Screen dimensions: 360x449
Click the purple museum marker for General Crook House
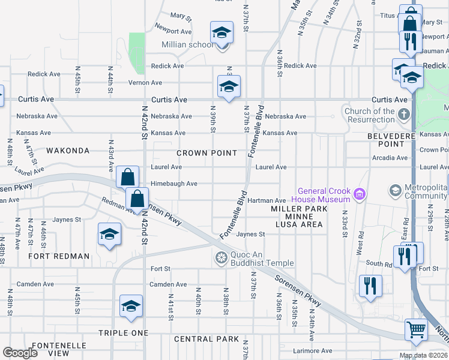coord(360,193)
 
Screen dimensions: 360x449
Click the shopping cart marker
coord(416,329)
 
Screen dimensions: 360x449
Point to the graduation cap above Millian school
coord(221,32)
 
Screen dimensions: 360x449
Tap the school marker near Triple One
coord(131,306)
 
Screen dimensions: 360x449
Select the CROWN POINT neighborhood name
coord(206,153)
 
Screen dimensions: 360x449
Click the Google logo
coord(20,353)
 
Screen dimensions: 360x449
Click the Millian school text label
coord(187,44)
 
